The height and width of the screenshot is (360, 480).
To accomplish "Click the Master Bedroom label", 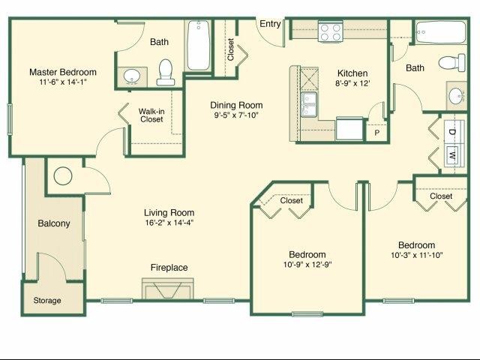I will (63, 72).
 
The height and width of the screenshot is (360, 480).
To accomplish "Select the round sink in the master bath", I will (132, 76).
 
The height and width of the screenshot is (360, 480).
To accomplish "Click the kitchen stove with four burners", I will (329, 32).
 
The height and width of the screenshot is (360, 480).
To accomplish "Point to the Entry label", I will (270, 24).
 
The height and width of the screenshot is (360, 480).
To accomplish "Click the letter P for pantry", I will (377, 133).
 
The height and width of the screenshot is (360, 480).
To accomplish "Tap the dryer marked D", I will (452, 132).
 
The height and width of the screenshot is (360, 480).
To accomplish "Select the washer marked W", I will (452, 156).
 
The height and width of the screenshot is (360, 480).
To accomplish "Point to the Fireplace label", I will (169, 268).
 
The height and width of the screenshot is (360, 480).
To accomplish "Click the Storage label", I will (47, 301).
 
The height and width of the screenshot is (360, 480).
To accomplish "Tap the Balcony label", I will (54, 223).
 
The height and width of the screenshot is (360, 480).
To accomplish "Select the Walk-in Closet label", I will (152, 115).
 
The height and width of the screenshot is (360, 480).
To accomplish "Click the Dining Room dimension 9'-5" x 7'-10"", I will (237, 116).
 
